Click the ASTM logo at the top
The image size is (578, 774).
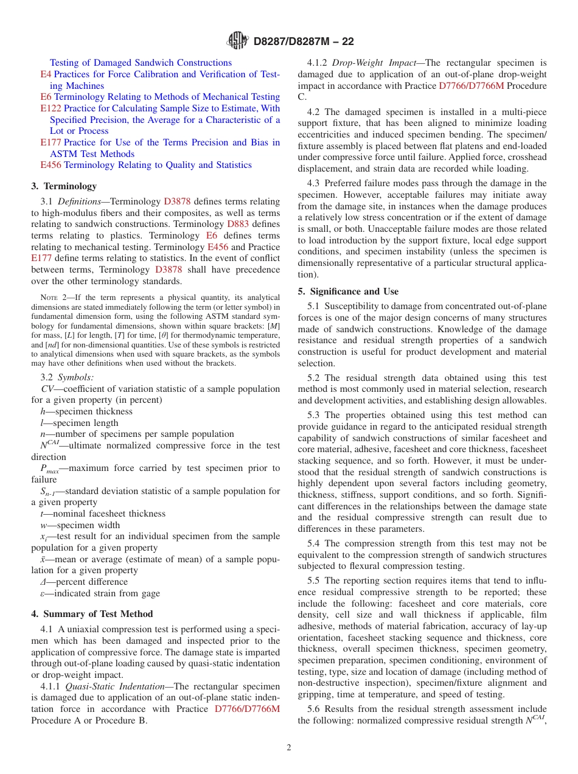[x=237, y=41]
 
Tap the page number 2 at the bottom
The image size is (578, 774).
[x=289, y=747]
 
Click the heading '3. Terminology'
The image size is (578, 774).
[x=64, y=186]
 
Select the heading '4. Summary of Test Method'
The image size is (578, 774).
[x=92, y=614]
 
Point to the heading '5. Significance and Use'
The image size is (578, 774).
[x=348, y=291]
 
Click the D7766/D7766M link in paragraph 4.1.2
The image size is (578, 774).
[x=471, y=86]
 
